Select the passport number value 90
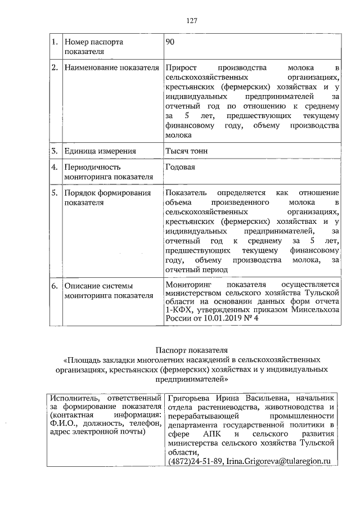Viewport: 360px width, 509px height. pos(170,42)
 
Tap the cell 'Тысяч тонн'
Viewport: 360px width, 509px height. pos(186,151)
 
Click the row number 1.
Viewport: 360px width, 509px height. pos(55,42)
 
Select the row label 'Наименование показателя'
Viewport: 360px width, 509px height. pos(112,69)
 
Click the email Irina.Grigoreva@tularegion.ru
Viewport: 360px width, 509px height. pos(279,461)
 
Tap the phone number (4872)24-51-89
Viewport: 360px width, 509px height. pos(195,461)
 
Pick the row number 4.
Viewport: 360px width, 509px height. pos(55,168)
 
